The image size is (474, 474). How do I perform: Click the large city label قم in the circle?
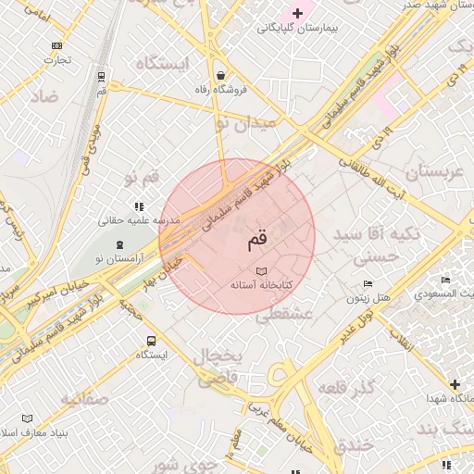coord(256,242)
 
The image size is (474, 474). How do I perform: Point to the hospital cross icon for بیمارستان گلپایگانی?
coord(297,13)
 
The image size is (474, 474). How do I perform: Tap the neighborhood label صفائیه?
coord(84,399)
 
